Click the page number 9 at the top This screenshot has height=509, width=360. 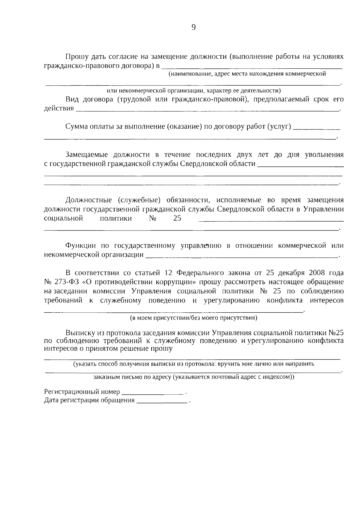click(193, 28)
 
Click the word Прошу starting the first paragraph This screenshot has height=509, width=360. click(76, 57)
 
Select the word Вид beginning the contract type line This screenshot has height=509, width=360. click(72, 100)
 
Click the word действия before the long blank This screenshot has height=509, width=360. click(59, 109)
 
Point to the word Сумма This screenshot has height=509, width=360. click(76, 127)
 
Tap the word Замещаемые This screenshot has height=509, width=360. click(87, 155)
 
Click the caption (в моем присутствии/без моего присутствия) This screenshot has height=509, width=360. click(193, 318)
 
